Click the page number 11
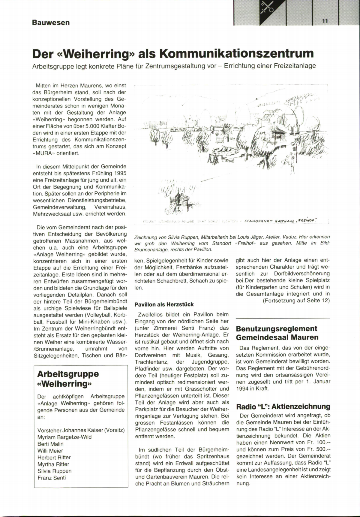[325, 21]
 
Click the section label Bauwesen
[51, 23]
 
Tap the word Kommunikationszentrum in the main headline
[236, 53]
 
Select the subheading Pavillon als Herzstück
[164, 304]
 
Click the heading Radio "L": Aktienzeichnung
[283, 407]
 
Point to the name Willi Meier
[50, 451]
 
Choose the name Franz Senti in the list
[52, 478]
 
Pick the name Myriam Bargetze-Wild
[64, 437]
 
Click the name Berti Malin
[50, 444]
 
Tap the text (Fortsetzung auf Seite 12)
[296, 301]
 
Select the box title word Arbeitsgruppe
[68, 374]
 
